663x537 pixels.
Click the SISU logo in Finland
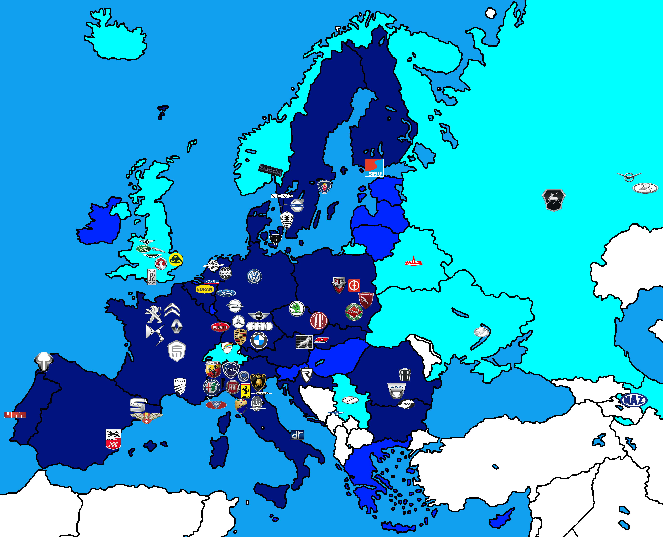(x=374, y=168)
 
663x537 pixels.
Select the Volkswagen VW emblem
(x=254, y=277)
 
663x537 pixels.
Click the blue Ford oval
(x=226, y=293)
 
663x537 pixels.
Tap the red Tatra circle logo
(x=318, y=321)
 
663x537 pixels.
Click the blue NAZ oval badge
(x=634, y=401)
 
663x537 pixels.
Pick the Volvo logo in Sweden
(x=297, y=205)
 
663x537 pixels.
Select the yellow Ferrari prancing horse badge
(x=245, y=391)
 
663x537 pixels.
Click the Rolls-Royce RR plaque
(x=151, y=277)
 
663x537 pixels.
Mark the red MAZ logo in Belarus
(x=413, y=262)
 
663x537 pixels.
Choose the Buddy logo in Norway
(x=271, y=170)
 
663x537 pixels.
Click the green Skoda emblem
(x=297, y=309)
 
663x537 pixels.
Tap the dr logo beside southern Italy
(x=297, y=435)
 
